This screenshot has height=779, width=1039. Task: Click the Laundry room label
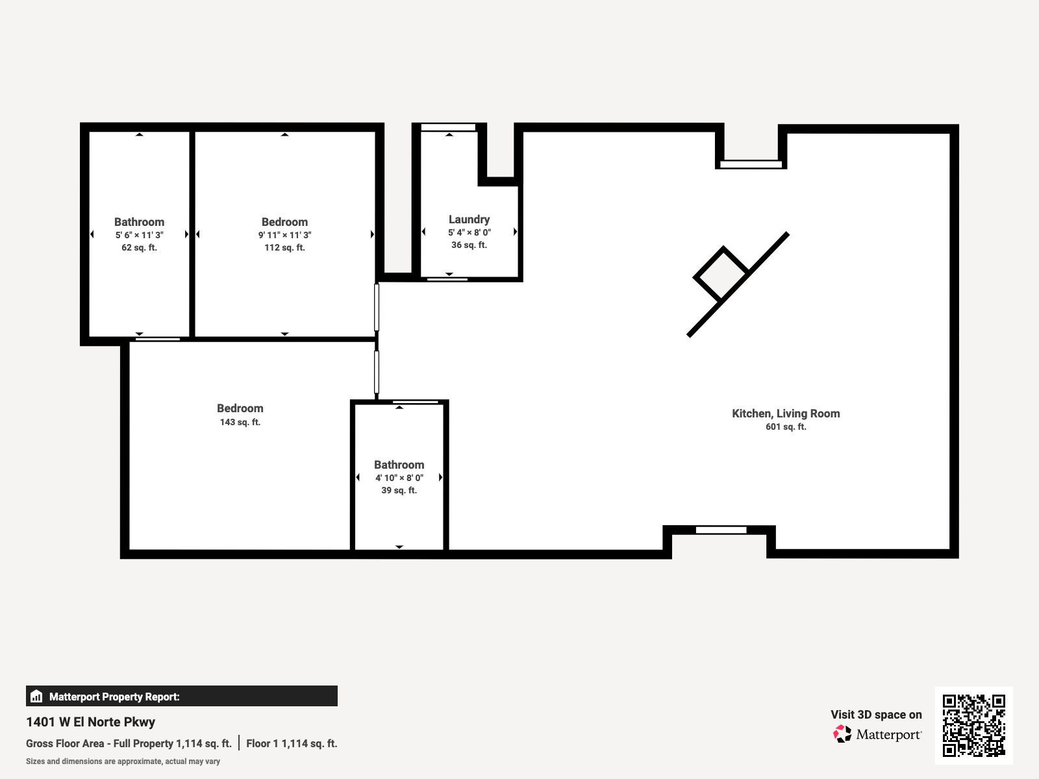469,219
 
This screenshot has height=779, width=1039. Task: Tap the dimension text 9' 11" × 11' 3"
284,235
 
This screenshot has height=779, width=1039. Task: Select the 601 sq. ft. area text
786,427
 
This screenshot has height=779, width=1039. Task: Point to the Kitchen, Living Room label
786,414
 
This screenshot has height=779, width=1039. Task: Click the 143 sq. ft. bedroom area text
240,422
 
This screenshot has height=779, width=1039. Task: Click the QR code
973,725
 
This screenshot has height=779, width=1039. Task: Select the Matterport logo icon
842,734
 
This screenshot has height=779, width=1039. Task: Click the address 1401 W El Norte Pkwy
90,722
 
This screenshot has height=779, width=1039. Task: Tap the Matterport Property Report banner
181,696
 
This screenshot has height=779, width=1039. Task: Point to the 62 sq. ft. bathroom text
139,247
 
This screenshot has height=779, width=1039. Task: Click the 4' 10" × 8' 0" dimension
399,478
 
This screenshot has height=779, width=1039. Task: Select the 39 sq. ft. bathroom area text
399,490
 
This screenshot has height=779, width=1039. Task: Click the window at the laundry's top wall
448,127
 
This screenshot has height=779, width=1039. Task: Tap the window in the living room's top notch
751,164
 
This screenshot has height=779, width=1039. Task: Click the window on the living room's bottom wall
721,530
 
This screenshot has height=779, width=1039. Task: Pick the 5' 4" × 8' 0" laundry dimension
469,232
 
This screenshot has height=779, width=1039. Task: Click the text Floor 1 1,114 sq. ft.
292,743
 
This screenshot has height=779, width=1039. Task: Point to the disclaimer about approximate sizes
123,761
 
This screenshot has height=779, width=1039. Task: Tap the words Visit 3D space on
875,714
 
